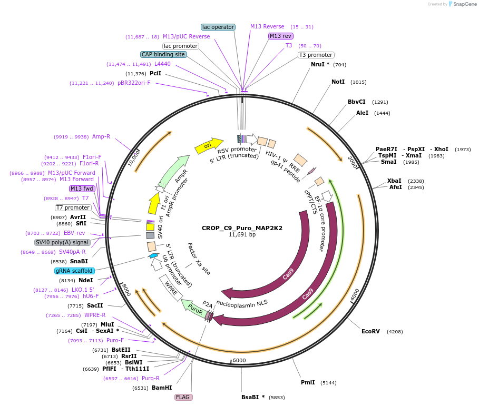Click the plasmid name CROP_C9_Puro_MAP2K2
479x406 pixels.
[242, 228]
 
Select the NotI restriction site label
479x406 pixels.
[338, 82]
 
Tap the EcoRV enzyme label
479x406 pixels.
[370, 331]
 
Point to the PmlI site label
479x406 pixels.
[308, 382]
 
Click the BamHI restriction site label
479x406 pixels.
[162, 388]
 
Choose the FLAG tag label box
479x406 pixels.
[183, 397]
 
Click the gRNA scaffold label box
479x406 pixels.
[74, 271]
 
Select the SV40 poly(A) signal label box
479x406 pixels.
[62, 243]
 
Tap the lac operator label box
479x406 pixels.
[218, 27]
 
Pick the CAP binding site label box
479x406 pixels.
[163, 54]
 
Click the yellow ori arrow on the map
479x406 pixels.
[209, 146]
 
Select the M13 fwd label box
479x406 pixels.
[82, 189]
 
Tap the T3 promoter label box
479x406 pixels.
[316, 55]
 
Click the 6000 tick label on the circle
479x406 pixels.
[239, 360]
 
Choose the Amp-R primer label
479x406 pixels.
[101, 136]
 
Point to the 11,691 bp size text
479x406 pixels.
[242, 235]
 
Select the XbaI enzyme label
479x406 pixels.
[394, 181]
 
